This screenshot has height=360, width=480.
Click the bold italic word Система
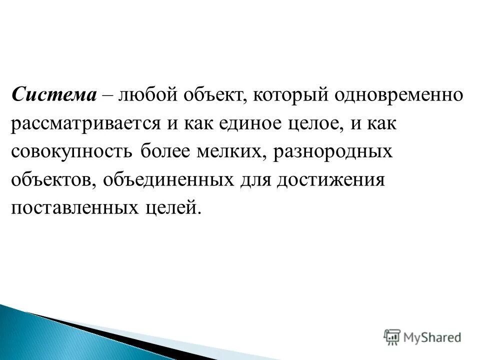pos(54,95)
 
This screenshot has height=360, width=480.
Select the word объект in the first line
pos(211,95)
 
